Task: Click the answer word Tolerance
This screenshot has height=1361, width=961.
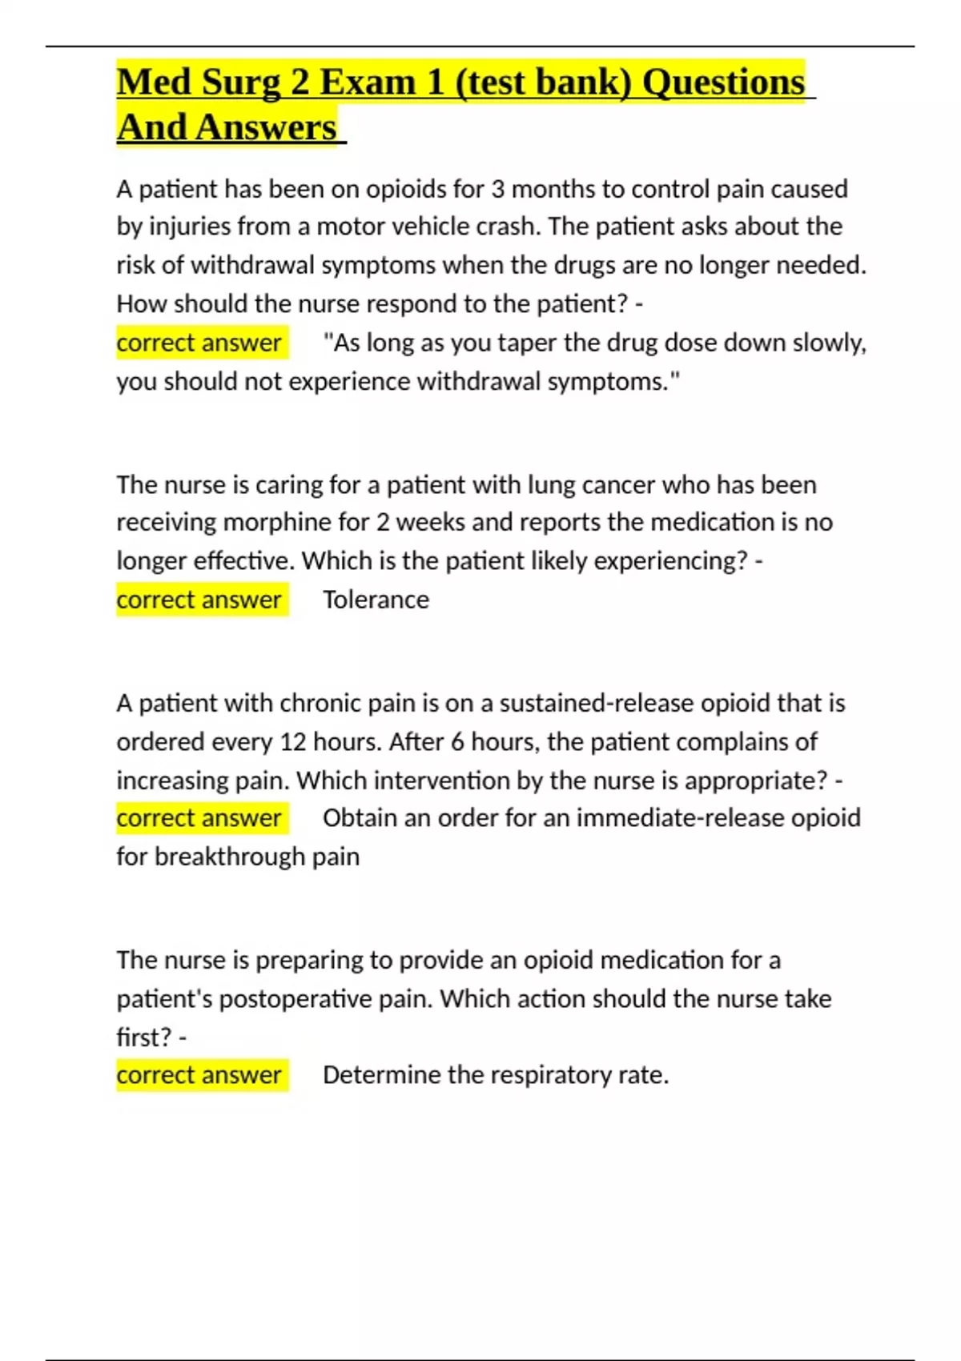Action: click(376, 600)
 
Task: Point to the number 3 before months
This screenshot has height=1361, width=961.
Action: click(497, 189)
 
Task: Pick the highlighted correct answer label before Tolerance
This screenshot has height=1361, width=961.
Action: click(199, 600)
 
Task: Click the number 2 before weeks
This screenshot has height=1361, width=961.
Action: click(383, 522)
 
